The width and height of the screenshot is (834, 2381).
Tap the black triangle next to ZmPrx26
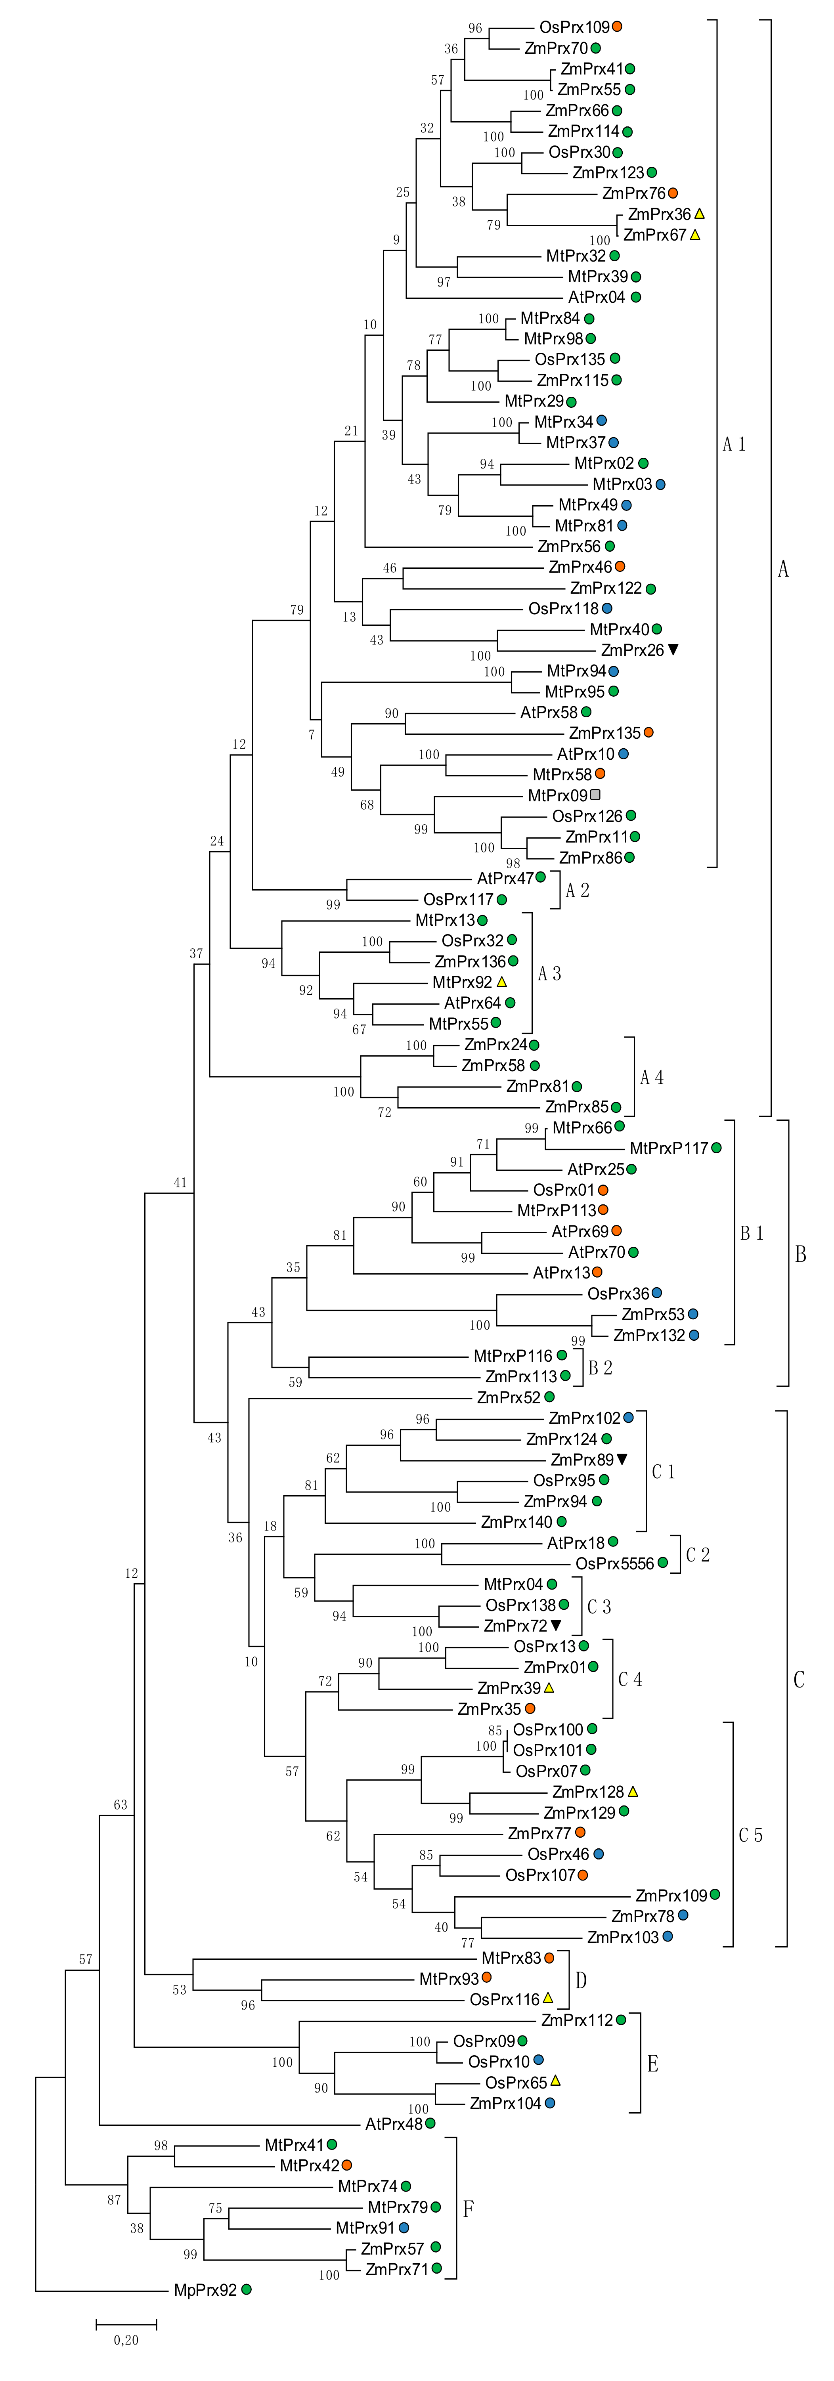tap(673, 650)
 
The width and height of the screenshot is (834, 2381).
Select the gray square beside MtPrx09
tap(595, 795)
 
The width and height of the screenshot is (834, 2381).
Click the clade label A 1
tap(734, 445)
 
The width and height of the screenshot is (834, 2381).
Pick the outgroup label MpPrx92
tap(205, 2290)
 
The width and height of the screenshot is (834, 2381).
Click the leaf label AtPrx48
tap(394, 2124)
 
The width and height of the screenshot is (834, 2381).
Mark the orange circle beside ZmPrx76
tap(673, 193)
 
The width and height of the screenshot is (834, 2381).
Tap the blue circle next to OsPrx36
tap(656, 1293)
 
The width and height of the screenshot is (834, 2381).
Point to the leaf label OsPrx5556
tap(615, 1564)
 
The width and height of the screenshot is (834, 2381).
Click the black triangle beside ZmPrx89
tap(622, 1460)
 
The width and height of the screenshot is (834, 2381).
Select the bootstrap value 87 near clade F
tap(114, 2200)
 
